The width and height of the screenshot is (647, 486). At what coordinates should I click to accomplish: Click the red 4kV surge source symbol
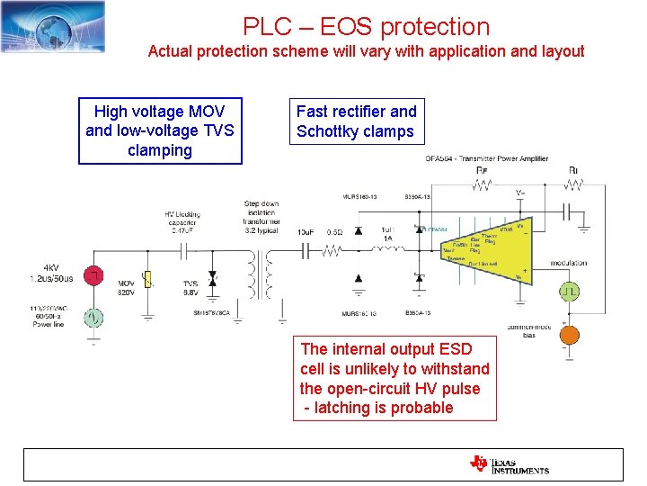(93, 275)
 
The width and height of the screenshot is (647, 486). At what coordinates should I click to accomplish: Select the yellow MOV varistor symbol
(149, 278)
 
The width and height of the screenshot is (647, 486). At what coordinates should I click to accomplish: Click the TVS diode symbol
(212, 278)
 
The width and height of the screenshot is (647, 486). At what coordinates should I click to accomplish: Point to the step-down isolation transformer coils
(261, 275)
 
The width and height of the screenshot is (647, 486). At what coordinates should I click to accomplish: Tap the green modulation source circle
(569, 291)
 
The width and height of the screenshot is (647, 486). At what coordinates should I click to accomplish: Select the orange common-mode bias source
(569, 332)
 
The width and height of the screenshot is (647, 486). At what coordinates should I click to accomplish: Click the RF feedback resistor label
(483, 170)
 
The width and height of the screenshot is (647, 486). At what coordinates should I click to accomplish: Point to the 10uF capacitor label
(306, 232)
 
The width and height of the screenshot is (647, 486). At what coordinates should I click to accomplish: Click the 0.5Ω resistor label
(333, 232)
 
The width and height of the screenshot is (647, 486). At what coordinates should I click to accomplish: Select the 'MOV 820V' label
(127, 288)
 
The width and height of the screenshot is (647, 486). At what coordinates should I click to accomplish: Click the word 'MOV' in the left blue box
(203, 112)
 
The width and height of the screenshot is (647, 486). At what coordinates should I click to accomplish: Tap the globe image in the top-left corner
(53, 26)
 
